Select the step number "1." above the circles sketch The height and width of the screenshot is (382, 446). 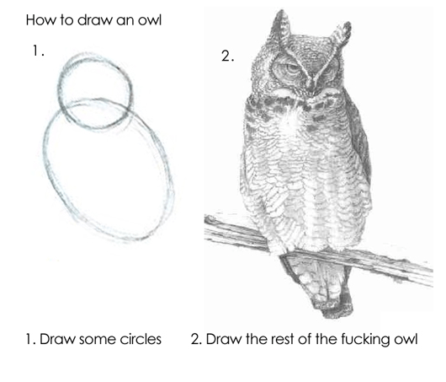(37, 51)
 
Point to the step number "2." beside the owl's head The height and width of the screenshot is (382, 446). (226, 56)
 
